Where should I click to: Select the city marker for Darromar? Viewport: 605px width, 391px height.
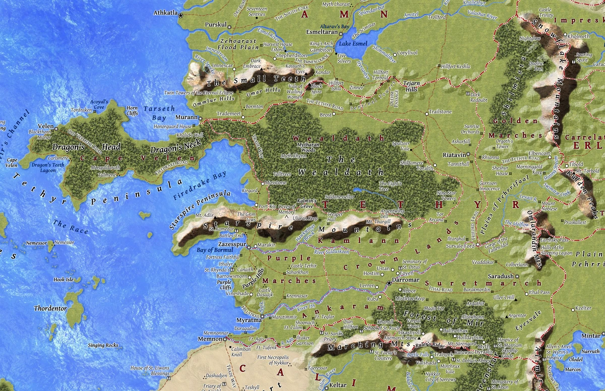[389, 284]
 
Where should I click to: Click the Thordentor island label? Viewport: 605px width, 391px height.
[50, 308]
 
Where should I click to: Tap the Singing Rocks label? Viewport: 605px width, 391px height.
[103, 345]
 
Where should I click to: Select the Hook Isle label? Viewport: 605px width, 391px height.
[64, 279]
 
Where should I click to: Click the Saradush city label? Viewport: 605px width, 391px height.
[500, 276]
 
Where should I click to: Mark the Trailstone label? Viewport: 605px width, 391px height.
[440, 111]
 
